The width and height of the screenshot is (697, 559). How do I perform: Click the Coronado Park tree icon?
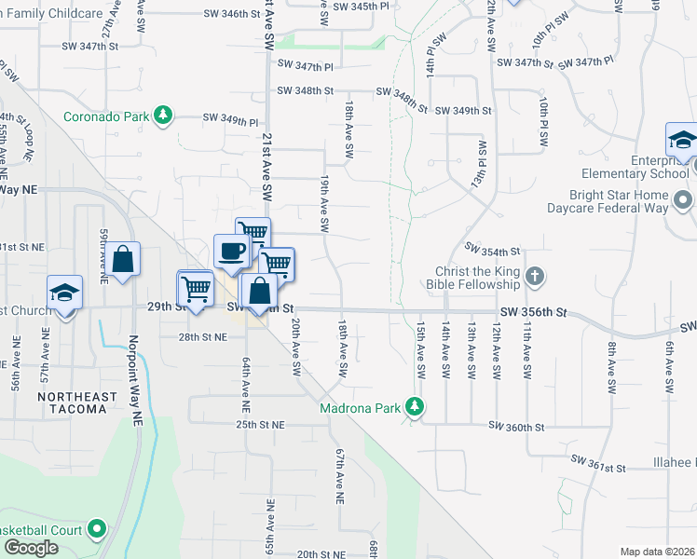tap(163, 116)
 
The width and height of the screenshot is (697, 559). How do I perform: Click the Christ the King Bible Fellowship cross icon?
tap(534, 277)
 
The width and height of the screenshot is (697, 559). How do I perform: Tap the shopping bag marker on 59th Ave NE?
tap(123, 260)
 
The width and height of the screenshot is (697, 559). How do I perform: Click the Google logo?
tap(31, 548)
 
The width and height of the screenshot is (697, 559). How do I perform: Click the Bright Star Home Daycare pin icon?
tap(683, 200)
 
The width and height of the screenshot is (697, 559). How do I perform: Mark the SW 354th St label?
tap(491, 252)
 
